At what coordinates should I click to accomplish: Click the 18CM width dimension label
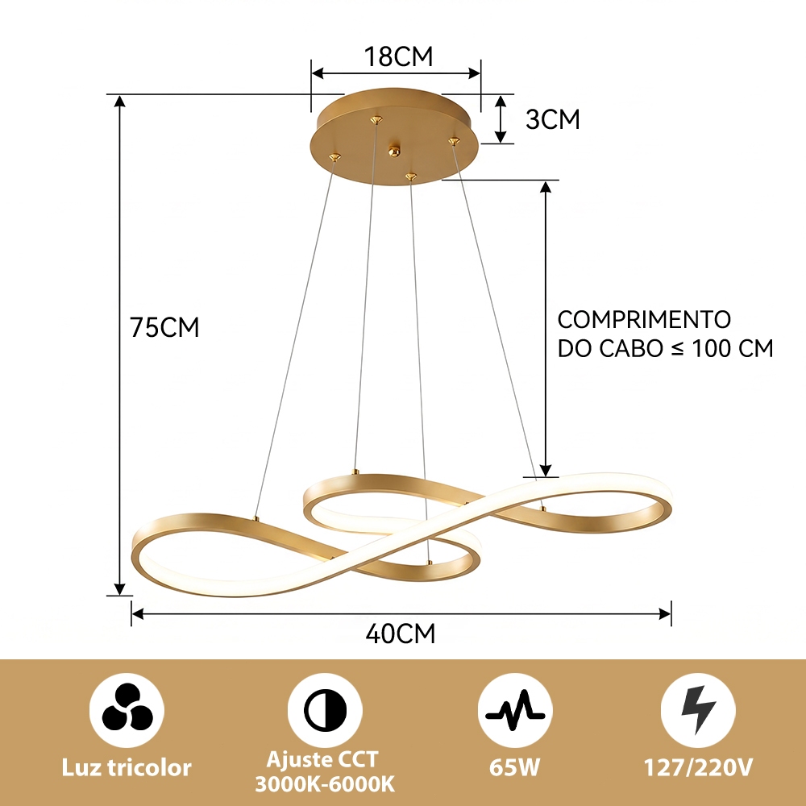point(398,56)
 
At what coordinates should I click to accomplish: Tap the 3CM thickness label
point(553,119)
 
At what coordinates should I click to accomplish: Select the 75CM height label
point(164,327)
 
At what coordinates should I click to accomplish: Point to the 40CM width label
point(401,634)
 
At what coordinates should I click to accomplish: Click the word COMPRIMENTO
point(644,320)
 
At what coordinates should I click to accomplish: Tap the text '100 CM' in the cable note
point(733,348)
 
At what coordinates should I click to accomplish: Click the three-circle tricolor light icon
point(127,711)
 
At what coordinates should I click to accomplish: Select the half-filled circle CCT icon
point(325,711)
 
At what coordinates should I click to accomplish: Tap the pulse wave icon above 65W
point(515,711)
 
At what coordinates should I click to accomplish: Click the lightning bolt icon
point(698,710)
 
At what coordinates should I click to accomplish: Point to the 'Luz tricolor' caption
point(127,768)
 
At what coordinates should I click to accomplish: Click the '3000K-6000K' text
point(325,784)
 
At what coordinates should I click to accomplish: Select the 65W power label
point(514,767)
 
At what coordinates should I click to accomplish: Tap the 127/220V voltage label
point(698,767)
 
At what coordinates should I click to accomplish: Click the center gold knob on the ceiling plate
point(394,152)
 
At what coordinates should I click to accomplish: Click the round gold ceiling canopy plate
point(395,135)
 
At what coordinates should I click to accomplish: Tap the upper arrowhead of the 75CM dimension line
point(120,102)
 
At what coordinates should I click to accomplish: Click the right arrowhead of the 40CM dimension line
point(665,613)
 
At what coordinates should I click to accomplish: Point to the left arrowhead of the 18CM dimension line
point(318,73)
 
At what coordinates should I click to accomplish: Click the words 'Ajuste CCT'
point(322,759)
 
